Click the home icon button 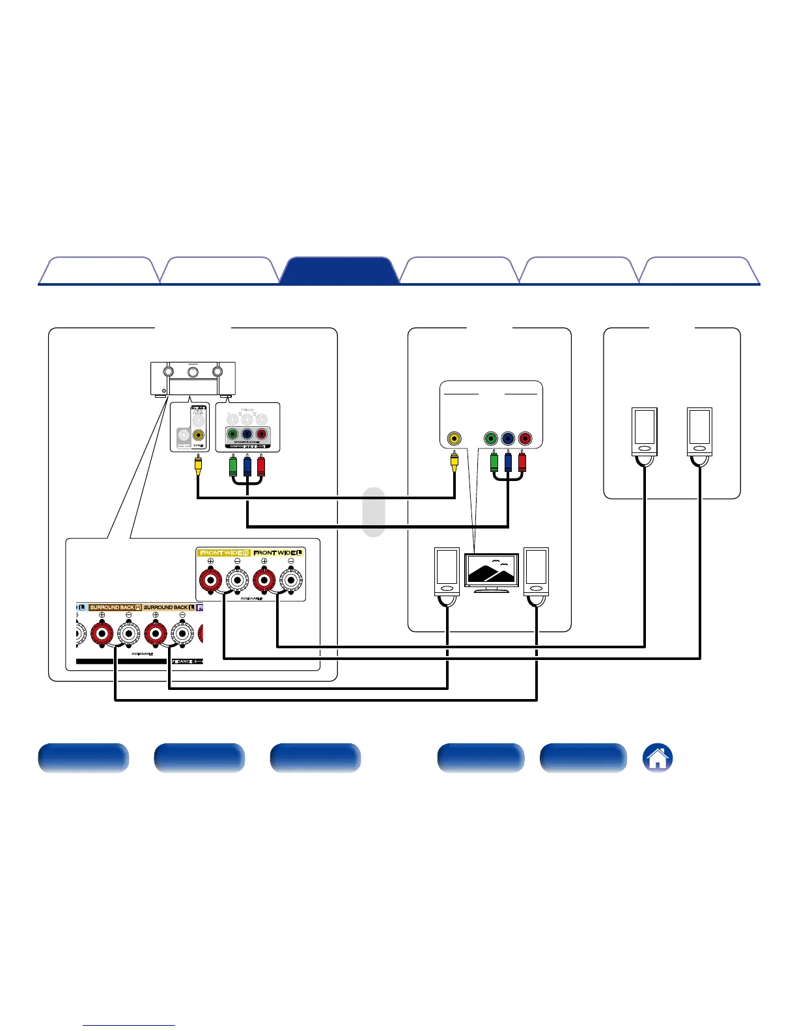[x=658, y=758]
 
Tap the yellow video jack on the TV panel [x=453, y=439]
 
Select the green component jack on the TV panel [x=492, y=439]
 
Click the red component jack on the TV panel [x=525, y=439]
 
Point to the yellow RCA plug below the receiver [x=198, y=465]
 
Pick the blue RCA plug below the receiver [x=247, y=466]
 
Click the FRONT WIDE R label [x=224, y=553]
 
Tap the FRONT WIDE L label [x=278, y=553]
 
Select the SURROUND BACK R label [x=115, y=607]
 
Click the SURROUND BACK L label [x=169, y=607]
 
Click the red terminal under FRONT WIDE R [x=210, y=579]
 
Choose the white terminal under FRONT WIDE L [x=291, y=579]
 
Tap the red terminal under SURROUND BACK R [x=102, y=633]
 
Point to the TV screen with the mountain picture [x=492, y=570]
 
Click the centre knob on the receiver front [x=193, y=372]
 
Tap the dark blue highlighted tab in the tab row [x=339, y=271]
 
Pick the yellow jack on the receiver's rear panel [x=198, y=435]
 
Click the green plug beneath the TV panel [x=494, y=461]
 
